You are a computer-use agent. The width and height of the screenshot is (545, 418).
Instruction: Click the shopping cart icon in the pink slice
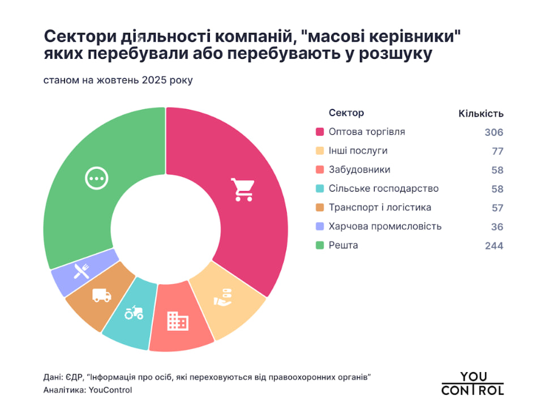click(x=242, y=190)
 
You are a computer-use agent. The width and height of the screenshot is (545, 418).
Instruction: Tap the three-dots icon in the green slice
click(x=96, y=178)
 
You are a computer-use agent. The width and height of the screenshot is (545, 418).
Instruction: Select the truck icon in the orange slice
click(x=101, y=295)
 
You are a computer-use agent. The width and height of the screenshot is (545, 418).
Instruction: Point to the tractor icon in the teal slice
click(x=134, y=312)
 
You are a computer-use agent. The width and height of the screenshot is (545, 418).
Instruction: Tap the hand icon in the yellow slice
click(x=224, y=297)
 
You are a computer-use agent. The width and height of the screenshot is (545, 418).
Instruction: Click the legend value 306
click(x=493, y=133)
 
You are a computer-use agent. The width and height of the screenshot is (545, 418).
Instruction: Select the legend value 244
click(x=493, y=246)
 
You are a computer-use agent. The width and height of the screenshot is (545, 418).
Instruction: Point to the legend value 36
click(x=497, y=227)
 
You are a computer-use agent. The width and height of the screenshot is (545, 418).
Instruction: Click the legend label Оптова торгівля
click(x=367, y=132)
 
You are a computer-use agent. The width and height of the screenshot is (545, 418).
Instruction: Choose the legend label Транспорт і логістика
click(x=380, y=208)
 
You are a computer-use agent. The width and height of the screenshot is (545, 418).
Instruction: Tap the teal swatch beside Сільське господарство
click(x=319, y=189)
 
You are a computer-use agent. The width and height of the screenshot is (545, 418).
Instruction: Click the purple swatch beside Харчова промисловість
click(x=319, y=227)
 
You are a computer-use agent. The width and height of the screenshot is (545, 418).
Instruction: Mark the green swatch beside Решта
click(x=319, y=246)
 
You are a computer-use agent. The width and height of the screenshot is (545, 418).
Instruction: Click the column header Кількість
click(x=480, y=114)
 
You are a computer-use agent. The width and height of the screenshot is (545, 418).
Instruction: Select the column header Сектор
click(x=346, y=113)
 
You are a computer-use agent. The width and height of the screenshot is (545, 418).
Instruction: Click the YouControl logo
click(x=472, y=383)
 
